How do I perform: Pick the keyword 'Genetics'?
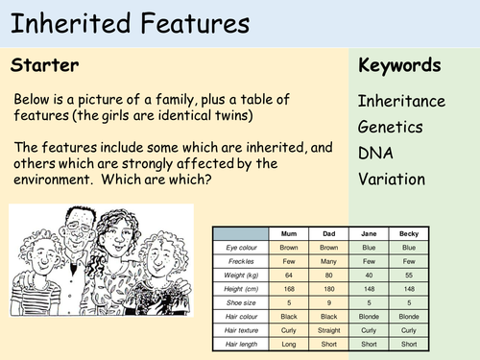[391, 126]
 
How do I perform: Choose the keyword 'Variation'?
[391, 178]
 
